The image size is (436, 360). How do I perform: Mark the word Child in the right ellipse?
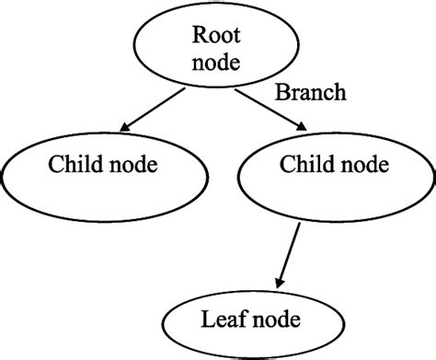[300, 165]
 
